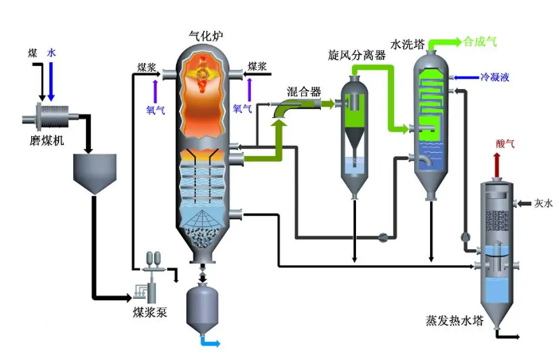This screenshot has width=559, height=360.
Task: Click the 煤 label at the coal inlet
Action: [x=33, y=53]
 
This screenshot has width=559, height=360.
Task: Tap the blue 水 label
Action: [x=53, y=53]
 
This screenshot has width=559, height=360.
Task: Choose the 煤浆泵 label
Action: [x=150, y=312]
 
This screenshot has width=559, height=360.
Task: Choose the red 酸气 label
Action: [x=506, y=143]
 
